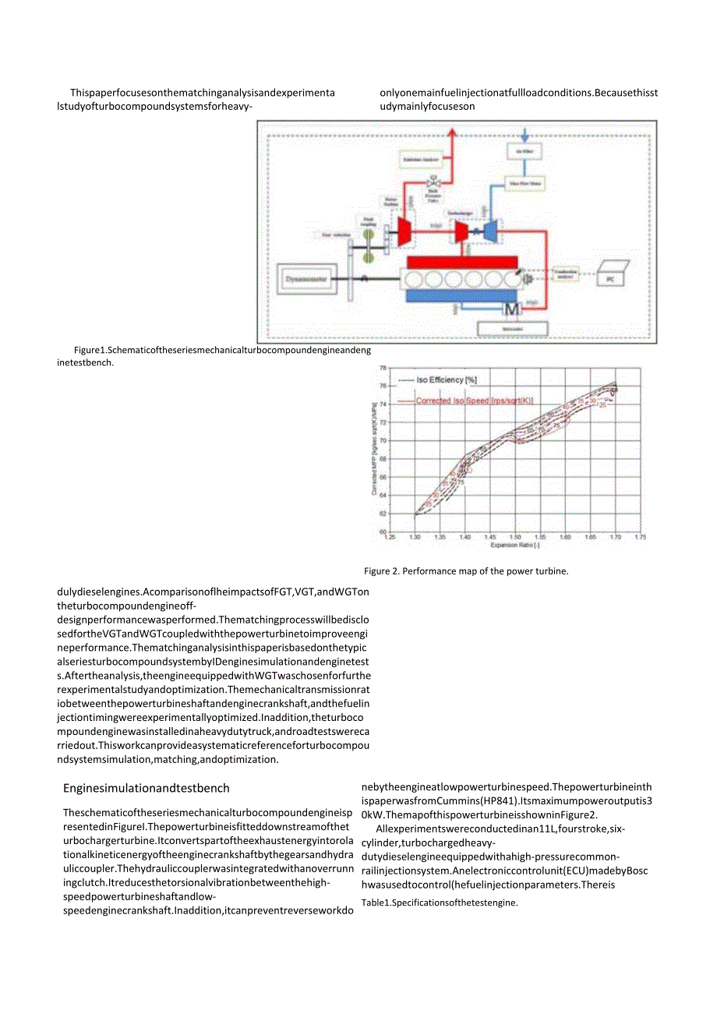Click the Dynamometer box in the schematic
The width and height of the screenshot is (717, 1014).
tap(306, 276)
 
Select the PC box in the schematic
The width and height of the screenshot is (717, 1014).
tap(610, 276)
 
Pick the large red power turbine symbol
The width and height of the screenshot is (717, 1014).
tap(404, 231)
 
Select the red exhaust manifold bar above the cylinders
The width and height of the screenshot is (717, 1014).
tap(461, 262)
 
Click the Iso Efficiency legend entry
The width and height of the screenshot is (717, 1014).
tap(437, 380)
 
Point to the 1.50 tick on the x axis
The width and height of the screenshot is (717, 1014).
tap(515, 537)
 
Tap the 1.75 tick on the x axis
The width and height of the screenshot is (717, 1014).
tap(641, 537)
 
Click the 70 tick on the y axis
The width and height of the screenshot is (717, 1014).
tap(383, 440)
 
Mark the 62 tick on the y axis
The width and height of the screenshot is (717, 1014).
tap(383, 514)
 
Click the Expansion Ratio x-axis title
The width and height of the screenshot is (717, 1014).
tap(515, 545)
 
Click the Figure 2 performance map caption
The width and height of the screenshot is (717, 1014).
tap(466, 571)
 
